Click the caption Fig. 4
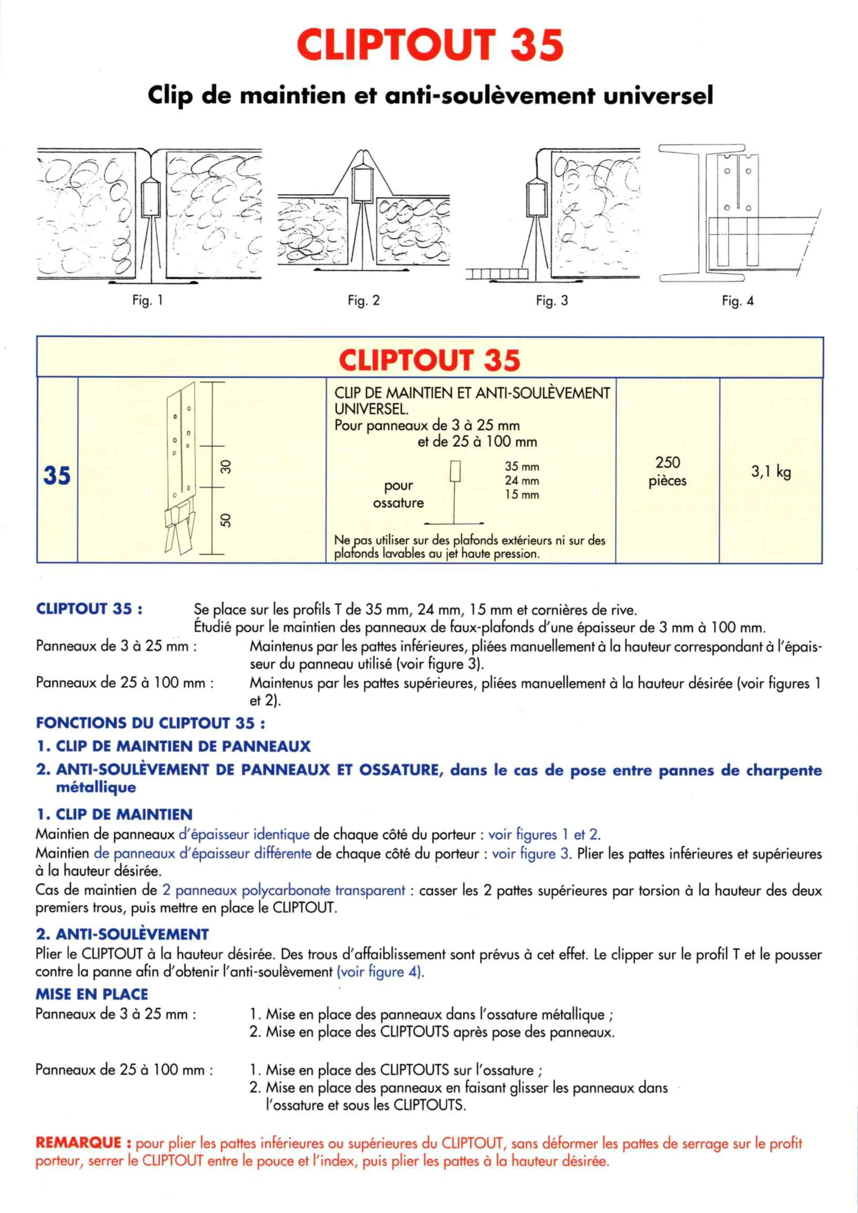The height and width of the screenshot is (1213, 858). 738,301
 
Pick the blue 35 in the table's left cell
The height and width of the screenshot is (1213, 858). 56,475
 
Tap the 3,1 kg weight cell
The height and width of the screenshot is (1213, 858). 771,471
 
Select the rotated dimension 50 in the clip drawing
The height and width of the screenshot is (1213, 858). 226,520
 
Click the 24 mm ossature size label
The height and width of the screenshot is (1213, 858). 522,481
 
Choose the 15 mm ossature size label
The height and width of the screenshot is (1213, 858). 522,495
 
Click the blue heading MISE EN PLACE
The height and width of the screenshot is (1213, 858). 91,994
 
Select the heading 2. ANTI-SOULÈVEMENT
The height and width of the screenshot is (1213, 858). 122,934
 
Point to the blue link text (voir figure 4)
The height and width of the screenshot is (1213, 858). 380,972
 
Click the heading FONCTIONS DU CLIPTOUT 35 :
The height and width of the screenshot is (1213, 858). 151,723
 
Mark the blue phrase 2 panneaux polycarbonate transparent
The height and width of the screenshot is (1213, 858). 283,890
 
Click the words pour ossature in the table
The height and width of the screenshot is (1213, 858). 399,494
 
